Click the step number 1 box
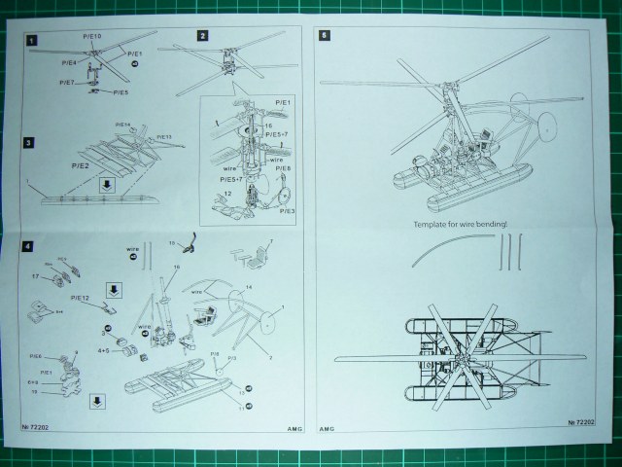pyautogui.click(x=32, y=41)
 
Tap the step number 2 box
pyautogui.click(x=202, y=36)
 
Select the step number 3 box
pyautogui.click(x=30, y=143)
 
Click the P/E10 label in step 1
pyautogui.click(x=94, y=37)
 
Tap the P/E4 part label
pyautogui.click(x=69, y=62)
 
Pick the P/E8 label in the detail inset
pyautogui.click(x=284, y=168)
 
